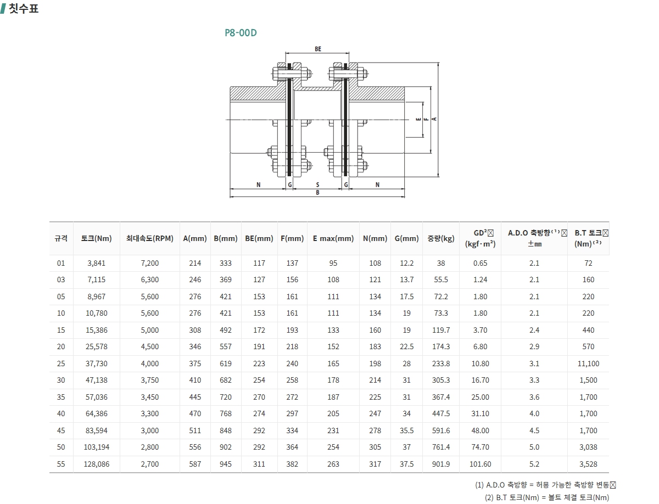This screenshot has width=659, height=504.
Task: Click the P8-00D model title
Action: point(241,33)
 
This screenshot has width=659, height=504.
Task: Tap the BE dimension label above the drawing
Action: point(318,49)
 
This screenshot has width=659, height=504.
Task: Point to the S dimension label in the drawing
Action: point(317,184)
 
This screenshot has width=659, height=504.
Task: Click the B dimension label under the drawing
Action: point(317,192)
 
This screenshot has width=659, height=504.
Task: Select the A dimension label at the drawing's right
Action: point(434,119)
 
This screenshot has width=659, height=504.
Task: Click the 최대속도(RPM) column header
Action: point(150,238)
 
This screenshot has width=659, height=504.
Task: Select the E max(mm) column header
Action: point(333,238)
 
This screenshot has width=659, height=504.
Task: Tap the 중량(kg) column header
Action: point(441,238)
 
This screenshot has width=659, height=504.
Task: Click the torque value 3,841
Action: point(96,264)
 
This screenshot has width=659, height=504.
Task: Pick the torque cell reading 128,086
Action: point(96,464)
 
